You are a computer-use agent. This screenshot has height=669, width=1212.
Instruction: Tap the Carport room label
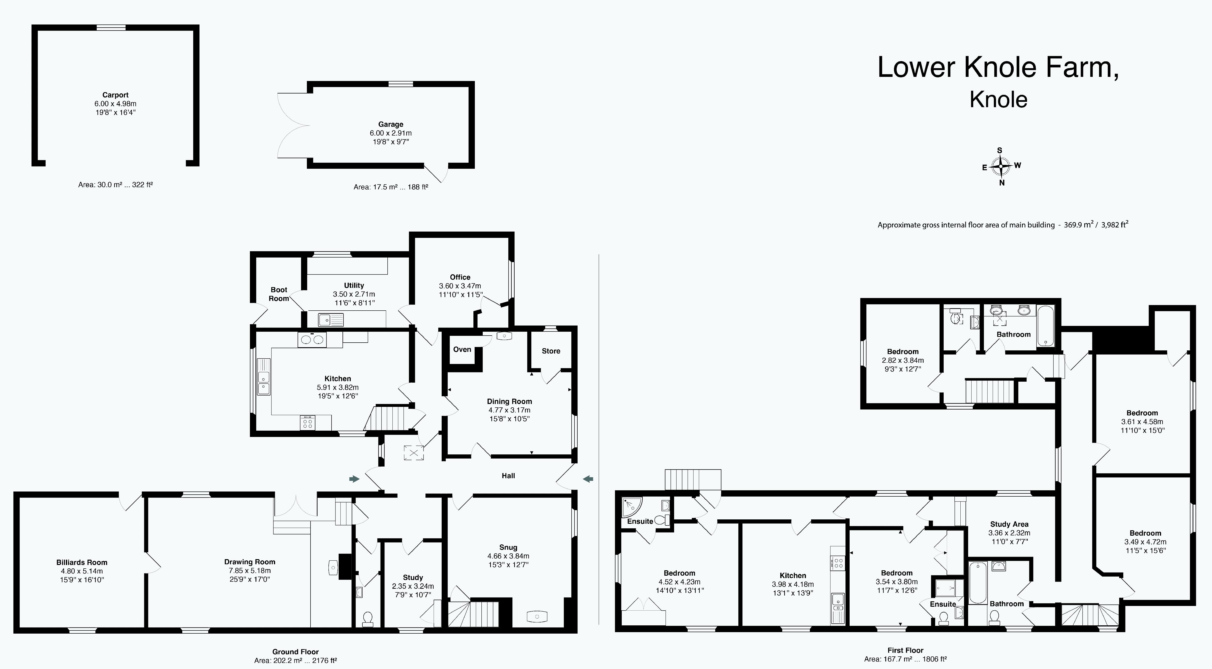(115, 95)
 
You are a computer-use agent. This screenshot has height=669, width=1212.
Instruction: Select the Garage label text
(391, 124)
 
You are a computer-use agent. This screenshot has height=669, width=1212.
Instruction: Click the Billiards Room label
(82, 562)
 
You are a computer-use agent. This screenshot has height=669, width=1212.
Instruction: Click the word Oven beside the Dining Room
(462, 349)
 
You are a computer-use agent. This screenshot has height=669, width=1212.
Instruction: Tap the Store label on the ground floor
(551, 351)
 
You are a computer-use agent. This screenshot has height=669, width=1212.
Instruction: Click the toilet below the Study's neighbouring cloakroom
(368, 618)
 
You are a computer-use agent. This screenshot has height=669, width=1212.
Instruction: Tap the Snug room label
(508, 547)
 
